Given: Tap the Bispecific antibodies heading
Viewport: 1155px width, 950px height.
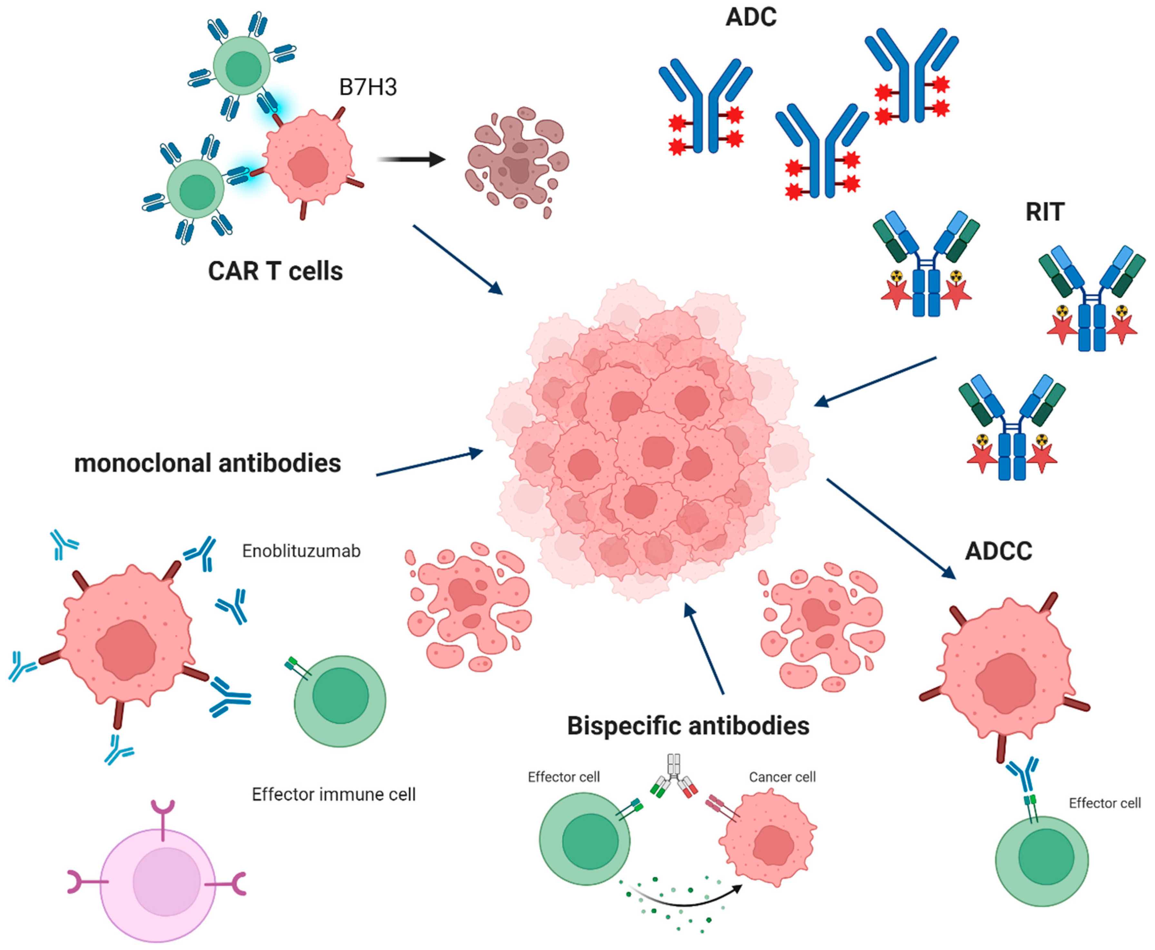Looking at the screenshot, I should tap(688, 726).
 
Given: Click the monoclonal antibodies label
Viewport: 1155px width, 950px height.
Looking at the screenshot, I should tap(207, 463).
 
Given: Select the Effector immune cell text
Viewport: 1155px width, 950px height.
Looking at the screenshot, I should tap(334, 794).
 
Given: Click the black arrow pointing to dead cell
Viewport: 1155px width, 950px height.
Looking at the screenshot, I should tap(411, 159).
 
